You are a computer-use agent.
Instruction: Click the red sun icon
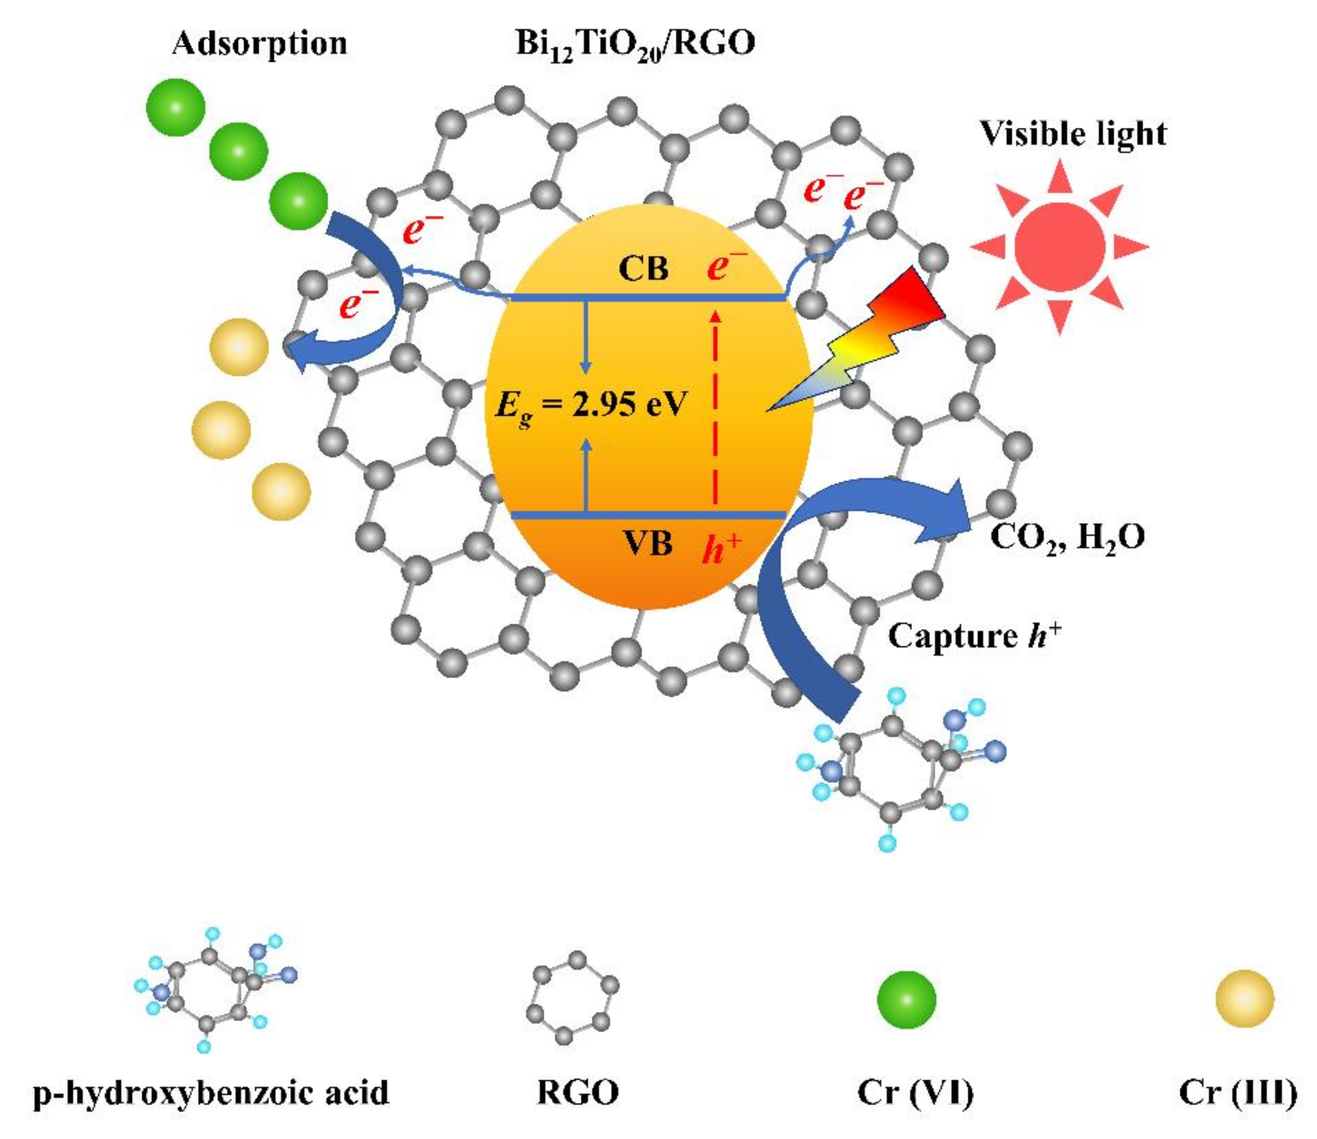[x=1059, y=246]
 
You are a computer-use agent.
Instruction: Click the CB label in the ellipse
[x=643, y=269]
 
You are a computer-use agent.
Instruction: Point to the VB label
[x=647, y=545]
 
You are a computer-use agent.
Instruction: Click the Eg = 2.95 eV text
[x=591, y=405]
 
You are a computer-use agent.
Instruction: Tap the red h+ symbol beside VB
[x=722, y=548]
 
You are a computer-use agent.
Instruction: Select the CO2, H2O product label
[x=1068, y=537]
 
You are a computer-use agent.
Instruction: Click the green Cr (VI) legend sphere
[x=906, y=999]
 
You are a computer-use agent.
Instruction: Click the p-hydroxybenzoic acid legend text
[x=211, y=1093]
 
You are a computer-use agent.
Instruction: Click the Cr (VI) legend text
[x=916, y=1093]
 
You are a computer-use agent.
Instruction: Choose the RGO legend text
[x=578, y=1093]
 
